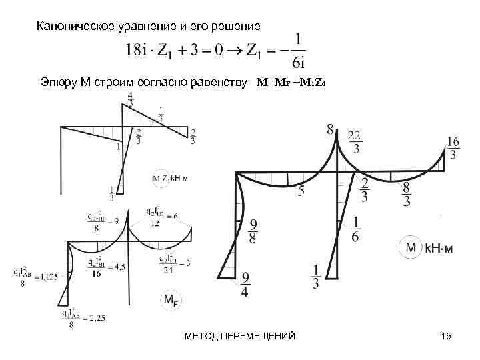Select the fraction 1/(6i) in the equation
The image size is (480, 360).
click(299, 49)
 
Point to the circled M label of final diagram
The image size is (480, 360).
click(411, 248)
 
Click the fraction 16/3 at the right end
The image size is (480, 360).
click(453, 148)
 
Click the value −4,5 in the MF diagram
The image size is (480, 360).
click(117, 266)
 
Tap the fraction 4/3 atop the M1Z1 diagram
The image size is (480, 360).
click(130, 98)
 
